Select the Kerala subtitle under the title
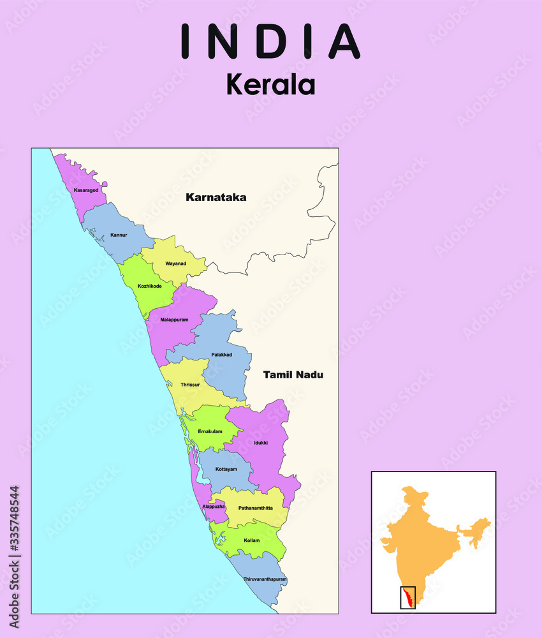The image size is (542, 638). pos(270,84)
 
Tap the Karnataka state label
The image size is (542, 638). pos(216,198)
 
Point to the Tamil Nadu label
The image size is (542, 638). pos(293,375)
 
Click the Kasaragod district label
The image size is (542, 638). pos(86,190)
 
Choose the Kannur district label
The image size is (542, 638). pos(119,235)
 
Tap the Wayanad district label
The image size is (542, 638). pos(175,263)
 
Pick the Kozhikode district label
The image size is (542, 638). pos(149,286)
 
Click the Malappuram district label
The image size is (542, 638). pos(174,319)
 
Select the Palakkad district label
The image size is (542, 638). pos(221,354)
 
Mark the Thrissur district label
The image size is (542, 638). pos(190,385)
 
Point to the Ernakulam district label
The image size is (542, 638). pos(210,432)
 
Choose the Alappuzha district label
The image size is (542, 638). pos(214,506)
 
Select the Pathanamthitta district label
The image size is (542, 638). pos(255,508)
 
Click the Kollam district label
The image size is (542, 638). pos(251,540)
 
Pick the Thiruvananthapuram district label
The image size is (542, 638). pos(265,579)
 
